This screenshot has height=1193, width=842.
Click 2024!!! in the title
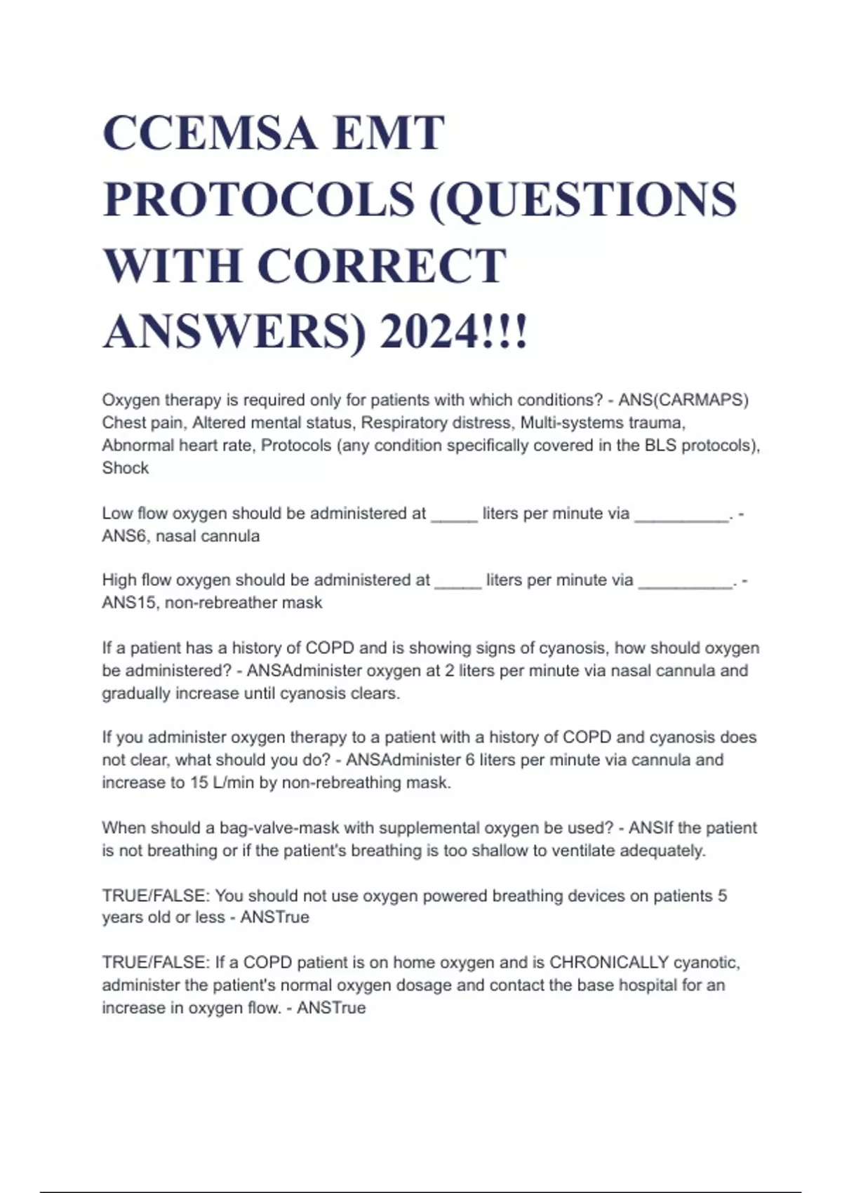[453, 331]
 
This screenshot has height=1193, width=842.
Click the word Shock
[126, 468]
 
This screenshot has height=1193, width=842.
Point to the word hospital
[646, 985]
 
